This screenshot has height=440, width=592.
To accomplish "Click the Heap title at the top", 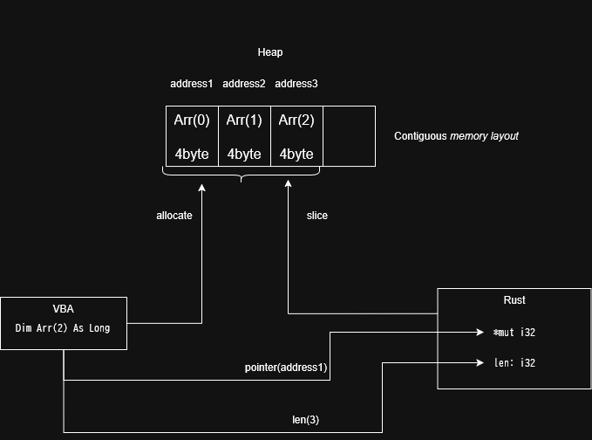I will click(x=270, y=52).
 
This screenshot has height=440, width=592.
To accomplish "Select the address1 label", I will click(x=192, y=84).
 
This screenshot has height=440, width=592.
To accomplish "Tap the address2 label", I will click(x=244, y=84).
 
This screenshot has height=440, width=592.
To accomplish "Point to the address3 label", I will click(x=296, y=84).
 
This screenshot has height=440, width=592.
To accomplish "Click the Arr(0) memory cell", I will click(x=192, y=136).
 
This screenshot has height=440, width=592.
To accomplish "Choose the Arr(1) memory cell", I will click(x=244, y=136).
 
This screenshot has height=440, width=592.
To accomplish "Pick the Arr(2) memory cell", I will click(x=296, y=136).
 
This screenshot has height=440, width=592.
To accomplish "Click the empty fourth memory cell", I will click(x=349, y=136).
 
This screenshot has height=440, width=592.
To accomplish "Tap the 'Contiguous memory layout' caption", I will click(x=456, y=136).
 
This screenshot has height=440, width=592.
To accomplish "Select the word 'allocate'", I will click(x=174, y=216).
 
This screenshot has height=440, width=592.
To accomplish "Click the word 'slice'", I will click(x=317, y=216).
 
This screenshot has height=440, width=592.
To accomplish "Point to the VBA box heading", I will click(x=64, y=309).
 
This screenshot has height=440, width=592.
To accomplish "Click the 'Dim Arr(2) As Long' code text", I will click(x=64, y=328).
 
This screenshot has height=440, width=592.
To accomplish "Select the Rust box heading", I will click(x=514, y=300).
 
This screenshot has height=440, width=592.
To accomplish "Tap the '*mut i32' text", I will click(x=514, y=333).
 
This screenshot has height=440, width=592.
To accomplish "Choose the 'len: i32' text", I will click(x=514, y=363).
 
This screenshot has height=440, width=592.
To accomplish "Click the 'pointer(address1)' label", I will click(x=286, y=368).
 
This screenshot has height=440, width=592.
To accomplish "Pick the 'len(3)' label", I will click(x=305, y=420).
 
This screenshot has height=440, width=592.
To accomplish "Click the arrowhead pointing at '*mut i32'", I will click(x=480, y=333).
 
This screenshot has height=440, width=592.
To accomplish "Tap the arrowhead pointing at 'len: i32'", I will click(x=480, y=363).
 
